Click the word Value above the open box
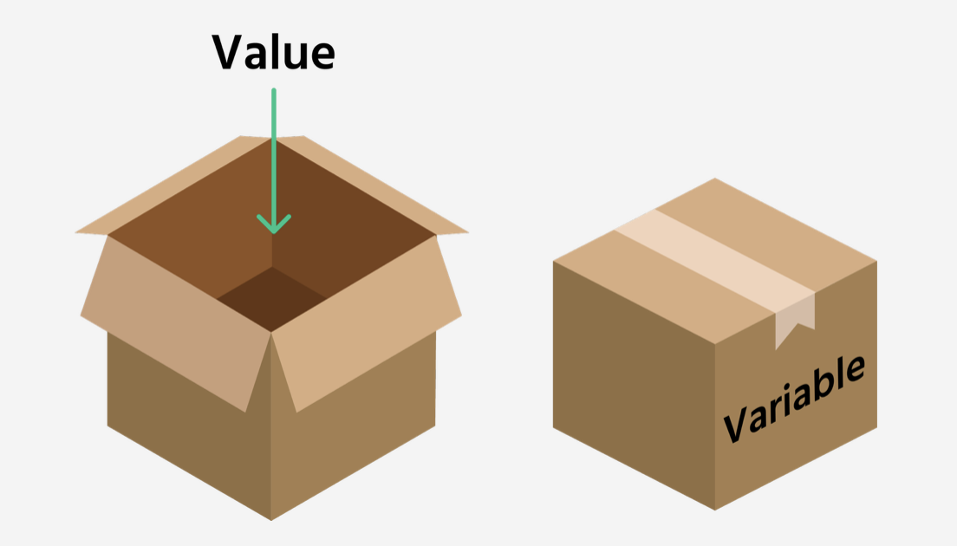(273, 53)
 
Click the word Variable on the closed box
(793, 398)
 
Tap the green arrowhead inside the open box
(274, 224)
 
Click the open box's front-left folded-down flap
(173, 321)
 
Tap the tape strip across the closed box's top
(711, 251)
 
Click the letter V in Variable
(737, 425)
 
